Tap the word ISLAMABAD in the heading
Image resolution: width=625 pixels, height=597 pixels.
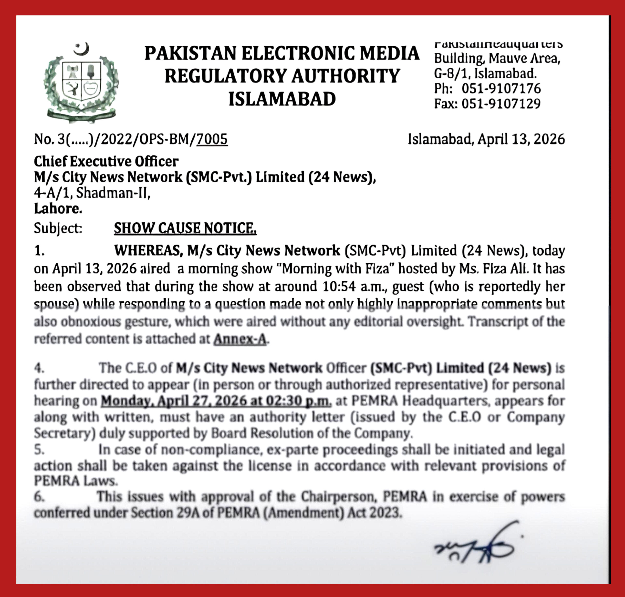tap(282, 99)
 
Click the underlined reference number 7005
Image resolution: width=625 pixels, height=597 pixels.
tap(212, 139)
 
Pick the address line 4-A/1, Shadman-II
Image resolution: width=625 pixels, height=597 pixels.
tap(92, 193)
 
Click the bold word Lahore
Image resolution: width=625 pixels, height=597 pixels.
tap(58, 209)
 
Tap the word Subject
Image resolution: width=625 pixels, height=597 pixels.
tap(58, 228)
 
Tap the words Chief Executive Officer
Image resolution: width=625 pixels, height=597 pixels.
tap(106, 161)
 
